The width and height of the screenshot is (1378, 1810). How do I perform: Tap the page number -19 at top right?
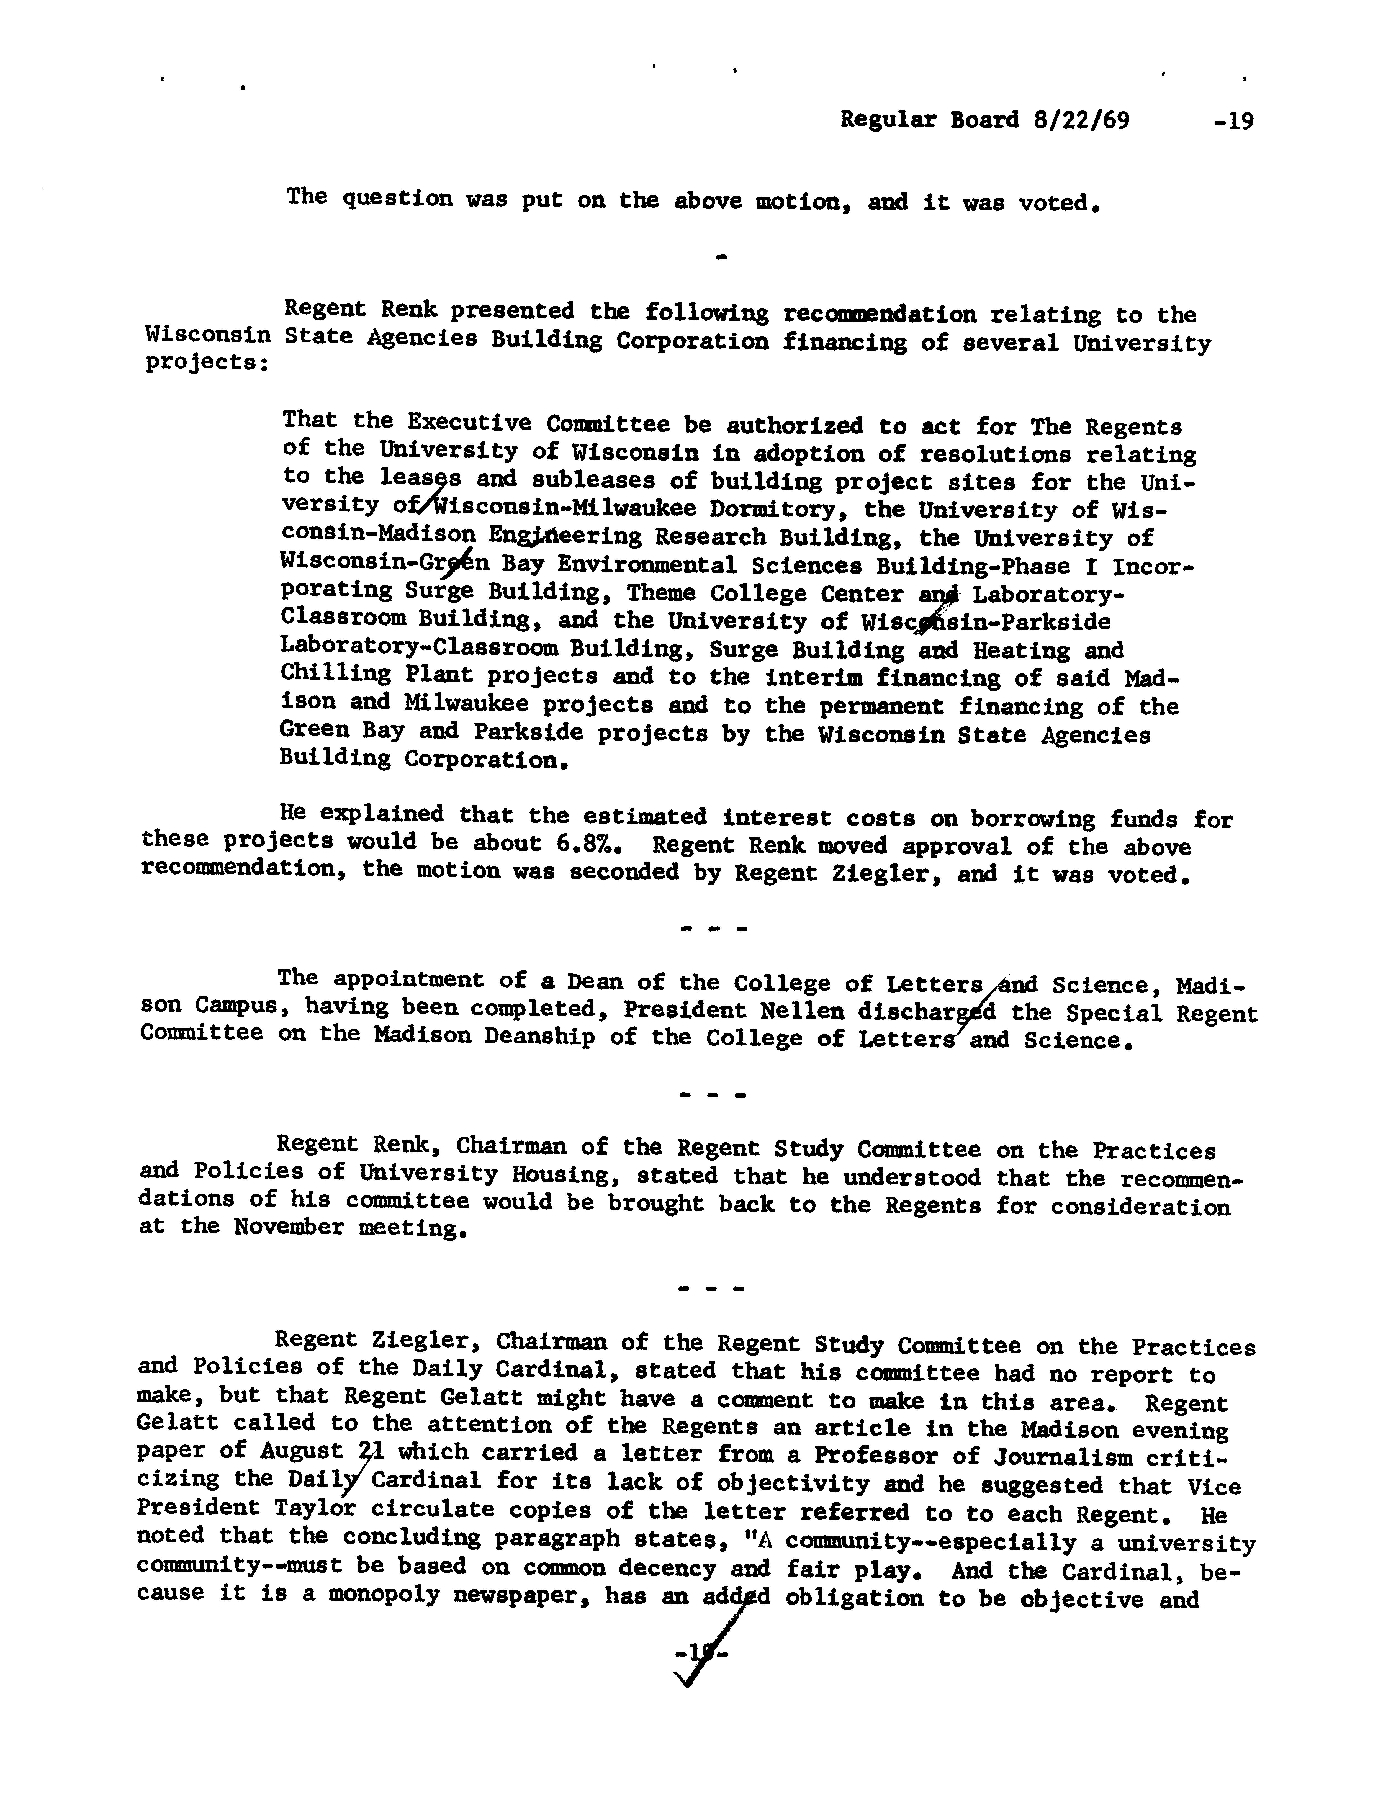tap(1233, 121)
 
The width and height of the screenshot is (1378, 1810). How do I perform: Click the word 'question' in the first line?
tap(396, 199)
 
